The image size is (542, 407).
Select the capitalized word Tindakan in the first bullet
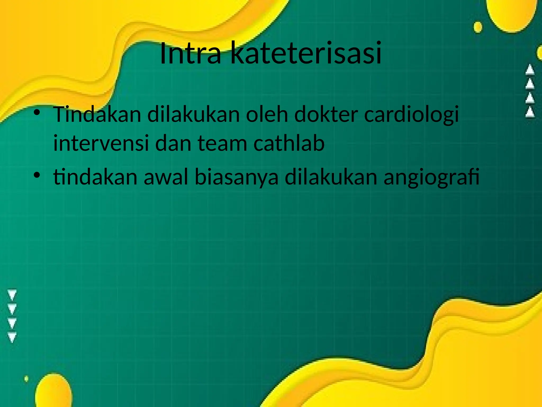(x=97, y=114)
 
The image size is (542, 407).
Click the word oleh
(x=267, y=114)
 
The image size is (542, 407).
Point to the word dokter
(x=326, y=114)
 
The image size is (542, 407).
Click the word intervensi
(x=101, y=143)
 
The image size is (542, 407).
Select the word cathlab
(x=289, y=143)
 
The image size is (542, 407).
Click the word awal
(x=166, y=177)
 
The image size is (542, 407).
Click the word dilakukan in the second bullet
(x=331, y=177)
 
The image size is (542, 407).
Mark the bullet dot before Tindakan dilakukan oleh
(x=37, y=113)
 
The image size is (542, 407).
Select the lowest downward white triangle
(x=12, y=337)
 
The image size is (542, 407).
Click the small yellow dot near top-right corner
(x=478, y=27)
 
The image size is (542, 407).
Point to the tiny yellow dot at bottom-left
(x=26, y=379)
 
